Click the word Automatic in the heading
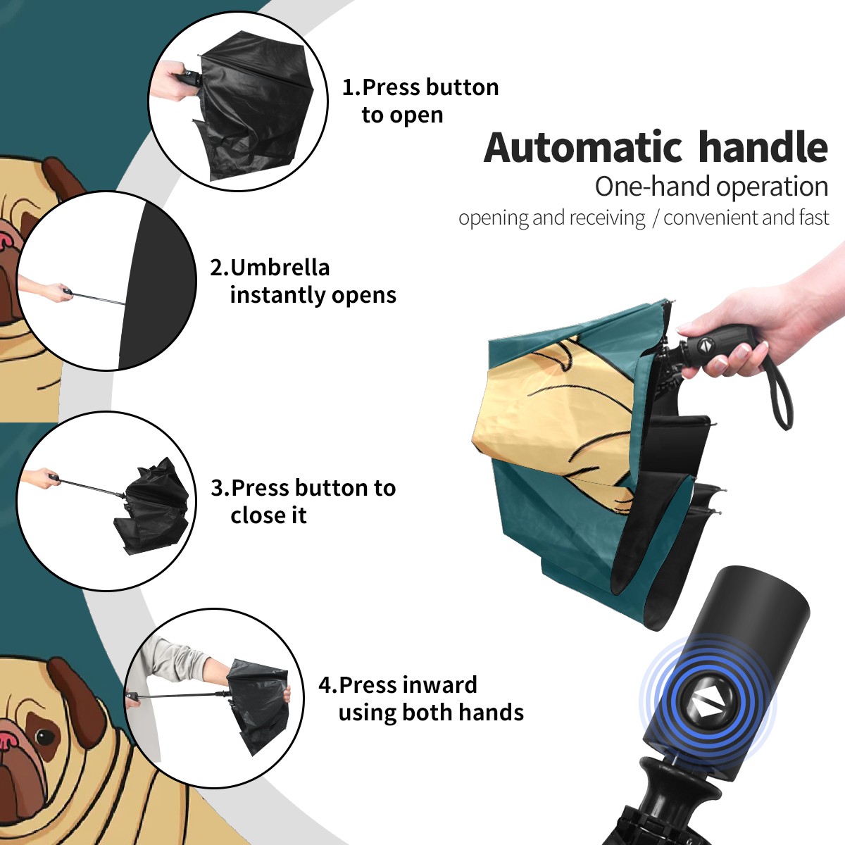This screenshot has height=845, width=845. pos(583,148)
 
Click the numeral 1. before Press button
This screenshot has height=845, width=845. pos(351,88)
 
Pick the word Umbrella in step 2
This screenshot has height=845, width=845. pos(280,268)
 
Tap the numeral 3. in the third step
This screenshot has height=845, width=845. pos(220,488)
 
